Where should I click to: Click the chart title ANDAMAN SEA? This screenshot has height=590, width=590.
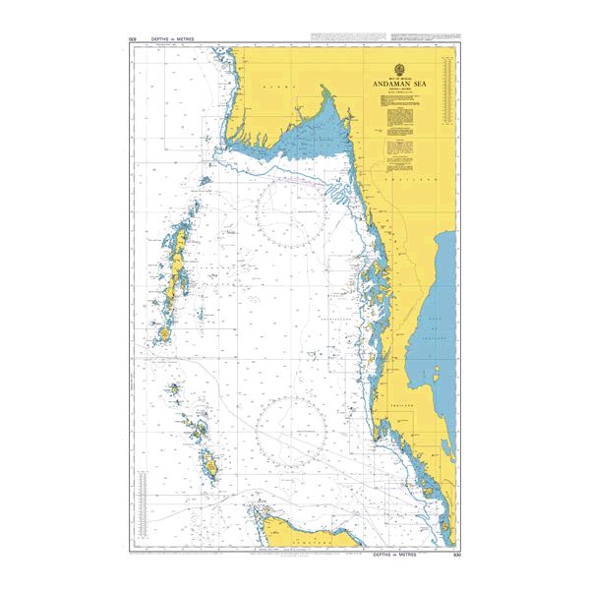click(405, 86)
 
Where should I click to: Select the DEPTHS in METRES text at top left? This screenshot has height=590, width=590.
click(173, 39)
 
